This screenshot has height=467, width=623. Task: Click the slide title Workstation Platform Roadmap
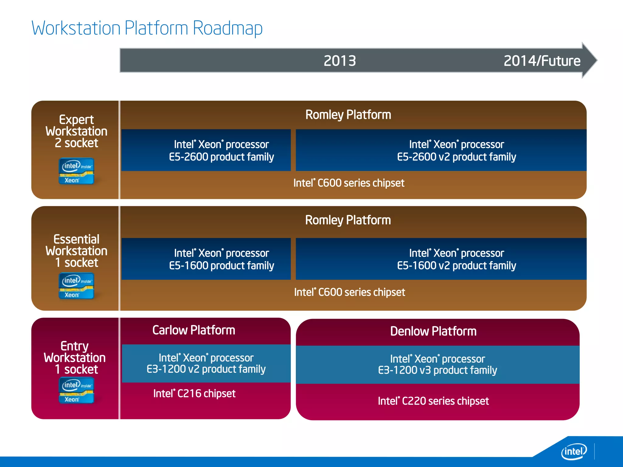click(x=147, y=28)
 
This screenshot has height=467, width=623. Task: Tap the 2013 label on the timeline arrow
click(x=340, y=61)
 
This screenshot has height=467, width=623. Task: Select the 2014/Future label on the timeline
click(x=542, y=61)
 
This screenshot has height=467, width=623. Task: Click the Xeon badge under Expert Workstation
click(x=76, y=171)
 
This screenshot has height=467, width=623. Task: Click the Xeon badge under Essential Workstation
click(x=76, y=286)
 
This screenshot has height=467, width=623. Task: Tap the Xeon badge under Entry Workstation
click(x=76, y=390)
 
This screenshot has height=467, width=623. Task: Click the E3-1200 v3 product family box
click(x=437, y=365)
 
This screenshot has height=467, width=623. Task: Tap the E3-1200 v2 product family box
click(x=206, y=363)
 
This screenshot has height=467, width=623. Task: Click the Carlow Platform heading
click(x=194, y=330)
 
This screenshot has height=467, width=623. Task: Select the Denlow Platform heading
click(x=433, y=331)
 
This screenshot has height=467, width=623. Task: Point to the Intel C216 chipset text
click(x=194, y=393)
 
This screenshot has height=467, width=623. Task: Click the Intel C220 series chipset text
click(x=433, y=401)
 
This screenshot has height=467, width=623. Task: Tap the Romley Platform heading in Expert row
click(x=348, y=115)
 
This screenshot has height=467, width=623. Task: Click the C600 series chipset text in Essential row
click(x=349, y=292)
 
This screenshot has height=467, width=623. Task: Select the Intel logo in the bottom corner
click(x=574, y=451)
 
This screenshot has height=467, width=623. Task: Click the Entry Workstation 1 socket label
click(x=75, y=358)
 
